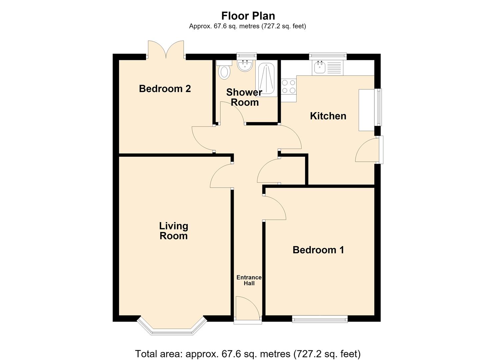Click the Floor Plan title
pos(248,16)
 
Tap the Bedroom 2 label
pos(165,89)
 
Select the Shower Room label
pos(244,97)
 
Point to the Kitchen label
pos(328,116)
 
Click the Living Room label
pos(174,231)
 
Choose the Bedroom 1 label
pos(318,250)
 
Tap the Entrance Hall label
pos(249,280)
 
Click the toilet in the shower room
pos(224,69)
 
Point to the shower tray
pos(266,78)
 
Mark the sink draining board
pos(334,68)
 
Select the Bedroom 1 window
pos(320,319)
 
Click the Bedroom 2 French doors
pos(166,50)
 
